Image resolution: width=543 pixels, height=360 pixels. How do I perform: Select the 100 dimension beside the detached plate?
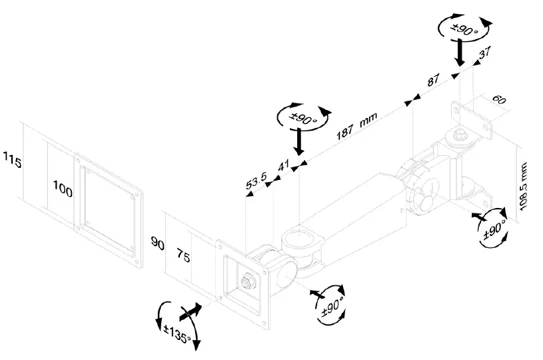pos(62,191)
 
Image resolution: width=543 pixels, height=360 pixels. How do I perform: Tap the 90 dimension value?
pos(158,245)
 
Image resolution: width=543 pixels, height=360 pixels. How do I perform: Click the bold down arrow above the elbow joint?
pos(300,142)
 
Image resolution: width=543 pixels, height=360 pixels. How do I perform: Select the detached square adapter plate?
pos(109,208)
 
